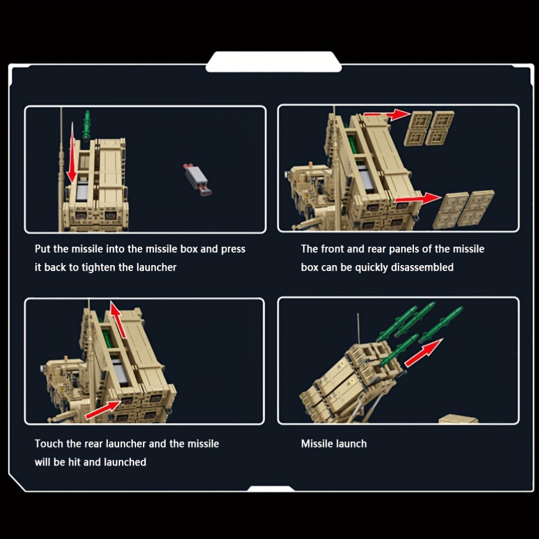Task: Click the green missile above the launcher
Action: pos(87,126)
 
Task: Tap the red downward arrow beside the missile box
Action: pos(72,153)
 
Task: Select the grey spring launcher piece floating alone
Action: pos(198,179)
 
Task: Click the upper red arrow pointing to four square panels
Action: pos(386,114)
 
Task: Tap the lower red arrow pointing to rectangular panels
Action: pos(418,199)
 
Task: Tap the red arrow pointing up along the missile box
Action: pos(118,320)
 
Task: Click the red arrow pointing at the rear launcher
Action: pos(103,410)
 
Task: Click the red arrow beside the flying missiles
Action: pos(424,353)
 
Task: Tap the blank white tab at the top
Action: pos(274,62)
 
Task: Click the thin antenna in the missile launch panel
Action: pos(358,329)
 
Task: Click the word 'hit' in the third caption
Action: pos(74,462)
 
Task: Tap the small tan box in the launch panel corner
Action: pos(458,419)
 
